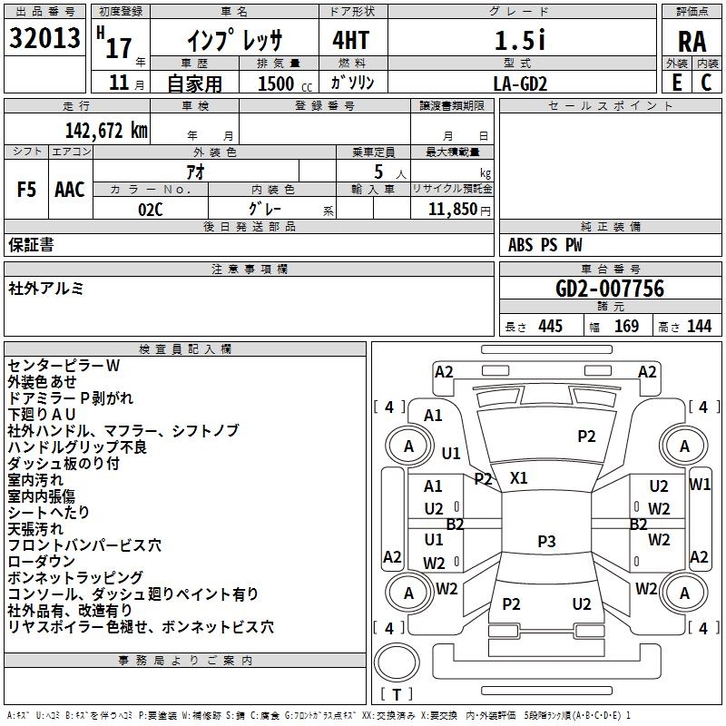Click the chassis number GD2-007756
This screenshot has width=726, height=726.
click(609, 289)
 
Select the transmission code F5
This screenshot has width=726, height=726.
click(26, 190)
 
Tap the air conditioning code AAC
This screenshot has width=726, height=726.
click(69, 190)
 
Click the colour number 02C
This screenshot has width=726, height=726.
click(150, 208)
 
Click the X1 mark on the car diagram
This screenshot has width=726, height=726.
click(519, 477)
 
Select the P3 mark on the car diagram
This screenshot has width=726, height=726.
click(545, 541)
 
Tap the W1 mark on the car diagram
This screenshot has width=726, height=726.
click(700, 484)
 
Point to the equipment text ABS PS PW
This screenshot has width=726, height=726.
click(544, 245)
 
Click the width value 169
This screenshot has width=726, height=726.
click(626, 326)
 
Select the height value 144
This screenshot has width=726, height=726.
click(699, 326)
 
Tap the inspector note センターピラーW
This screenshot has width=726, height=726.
click(64, 365)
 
